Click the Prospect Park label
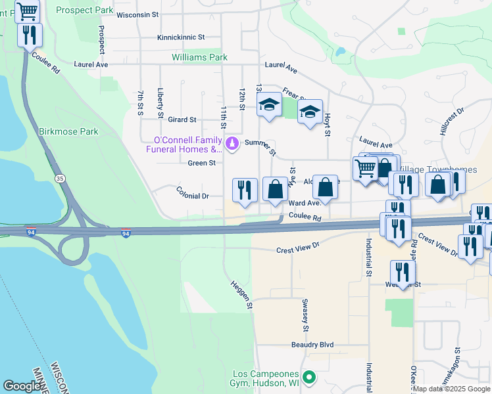click(84, 11)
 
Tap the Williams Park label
click(199, 58)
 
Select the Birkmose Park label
click(68, 131)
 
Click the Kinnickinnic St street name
click(181, 38)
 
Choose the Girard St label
click(183, 120)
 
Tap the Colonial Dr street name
click(192, 196)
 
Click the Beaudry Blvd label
click(312, 345)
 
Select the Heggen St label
click(241, 295)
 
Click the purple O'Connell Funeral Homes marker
click(232, 142)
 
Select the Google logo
click(22, 386)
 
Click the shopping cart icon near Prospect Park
click(27, 11)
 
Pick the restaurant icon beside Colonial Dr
click(245, 190)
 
